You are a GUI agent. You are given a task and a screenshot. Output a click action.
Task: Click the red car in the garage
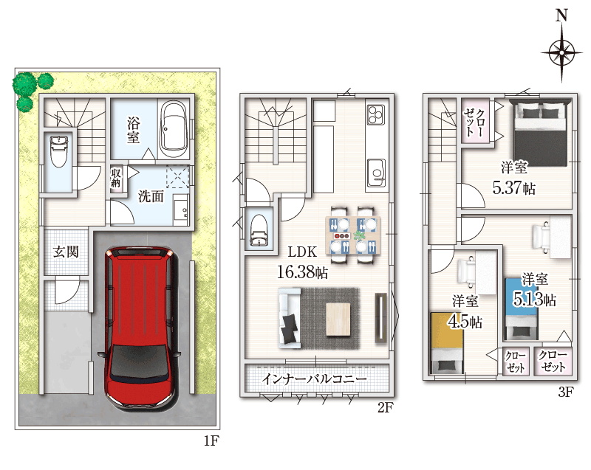[140, 328]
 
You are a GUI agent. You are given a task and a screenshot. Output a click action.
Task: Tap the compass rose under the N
[561, 52]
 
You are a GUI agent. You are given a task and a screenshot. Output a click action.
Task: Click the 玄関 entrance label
[66, 252]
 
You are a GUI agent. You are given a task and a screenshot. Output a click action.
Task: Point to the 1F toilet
[59, 151]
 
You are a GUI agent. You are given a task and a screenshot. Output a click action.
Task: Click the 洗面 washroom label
[151, 196]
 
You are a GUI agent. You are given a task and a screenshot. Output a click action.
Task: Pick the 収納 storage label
[116, 178]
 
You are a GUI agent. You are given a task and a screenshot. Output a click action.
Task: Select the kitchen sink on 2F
[376, 173]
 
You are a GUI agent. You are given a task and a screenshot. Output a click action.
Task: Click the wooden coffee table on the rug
[338, 319]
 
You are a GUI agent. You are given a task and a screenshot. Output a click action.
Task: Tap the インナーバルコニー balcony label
[314, 379]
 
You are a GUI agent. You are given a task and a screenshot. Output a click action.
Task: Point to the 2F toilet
[259, 230]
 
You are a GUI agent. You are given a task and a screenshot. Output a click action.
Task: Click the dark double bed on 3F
[541, 133]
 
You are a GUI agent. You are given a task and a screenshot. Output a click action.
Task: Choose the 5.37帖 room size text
[513, 187]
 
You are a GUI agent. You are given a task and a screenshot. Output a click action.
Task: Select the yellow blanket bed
[447, 342]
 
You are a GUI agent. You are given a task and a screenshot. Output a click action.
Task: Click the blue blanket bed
[522, 309]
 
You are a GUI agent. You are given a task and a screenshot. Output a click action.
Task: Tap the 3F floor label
[566, 392]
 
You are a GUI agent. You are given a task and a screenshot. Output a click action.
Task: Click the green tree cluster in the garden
[31, 89]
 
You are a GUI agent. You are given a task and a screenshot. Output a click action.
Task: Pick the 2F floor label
[386, 407]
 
